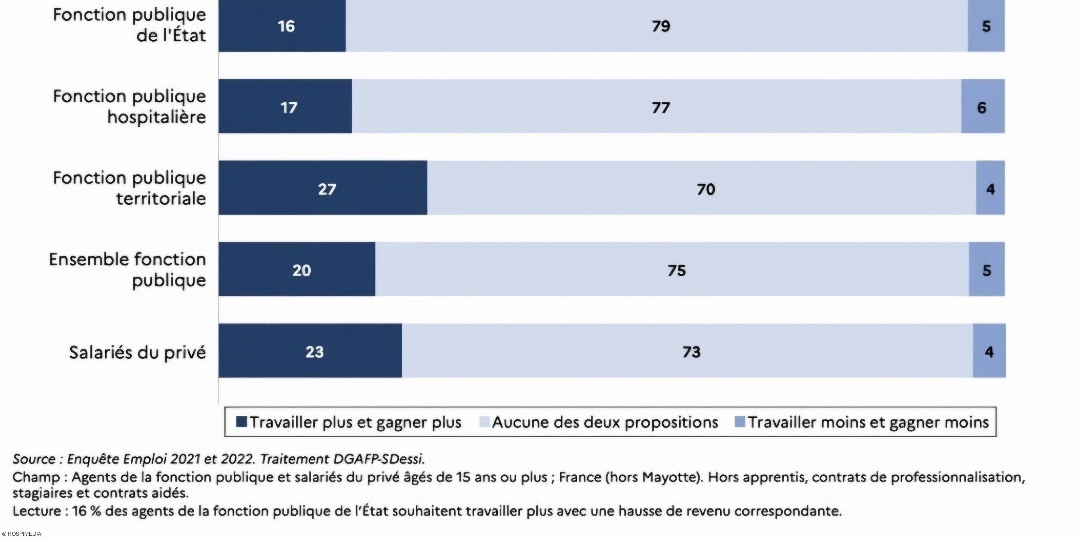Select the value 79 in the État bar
pos(661,26)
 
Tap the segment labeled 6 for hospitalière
pos(982,107)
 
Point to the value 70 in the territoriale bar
pos(706,189)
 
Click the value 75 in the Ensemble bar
pos(677,270)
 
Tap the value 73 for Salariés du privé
pos(691,352)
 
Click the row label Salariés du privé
pos(137,353)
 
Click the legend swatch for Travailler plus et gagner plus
pos(241,422)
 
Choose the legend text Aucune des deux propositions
pos(605,422)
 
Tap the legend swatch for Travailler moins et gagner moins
pos(740,422)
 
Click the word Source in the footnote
pos(34,459)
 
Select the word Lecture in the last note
pos(37,511)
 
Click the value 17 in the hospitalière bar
pos(289,107)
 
